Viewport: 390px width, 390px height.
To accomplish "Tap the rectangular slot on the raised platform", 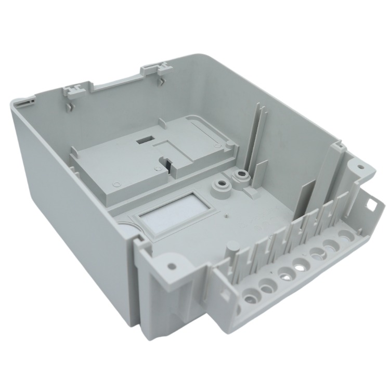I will [144, 139].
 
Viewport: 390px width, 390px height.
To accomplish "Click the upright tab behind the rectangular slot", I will [163, 123].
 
